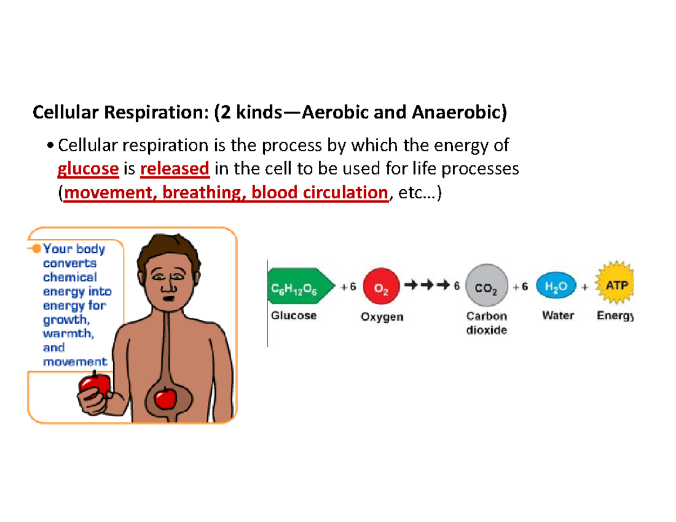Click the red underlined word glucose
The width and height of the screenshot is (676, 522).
click(88, 169)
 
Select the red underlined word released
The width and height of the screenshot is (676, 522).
click(175, 169)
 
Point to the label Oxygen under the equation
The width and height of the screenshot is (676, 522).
click(381, 317)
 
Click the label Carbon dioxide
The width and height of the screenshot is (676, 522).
click(487, 323)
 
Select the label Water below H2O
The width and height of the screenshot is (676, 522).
click(557, 316)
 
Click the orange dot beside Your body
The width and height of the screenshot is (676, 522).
click(35, 248)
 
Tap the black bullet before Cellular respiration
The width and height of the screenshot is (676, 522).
click(52, 146)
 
